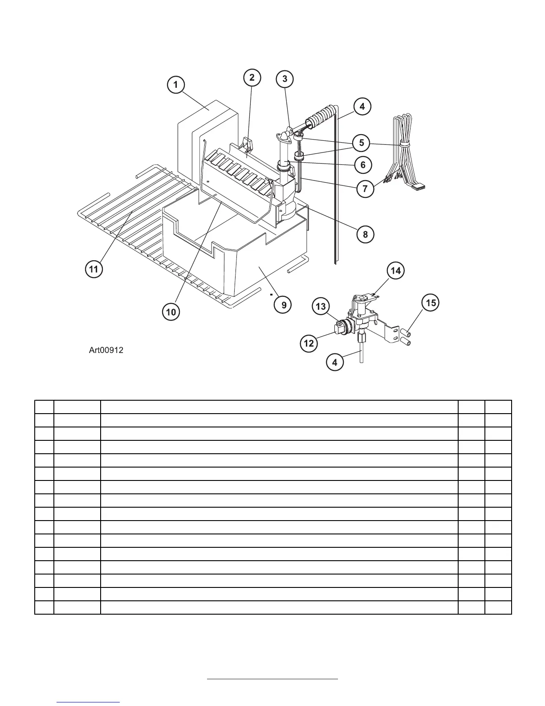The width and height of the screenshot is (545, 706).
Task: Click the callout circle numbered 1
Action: pyautogui.click(x=176, y=85)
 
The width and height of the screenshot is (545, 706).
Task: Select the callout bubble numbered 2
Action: pyautogui.click(x=252, y=78)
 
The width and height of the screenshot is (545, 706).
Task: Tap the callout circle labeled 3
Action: pyautogui.click(x=285, y=79)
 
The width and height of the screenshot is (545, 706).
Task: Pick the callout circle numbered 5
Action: pyautogui.click(x=362, y=143)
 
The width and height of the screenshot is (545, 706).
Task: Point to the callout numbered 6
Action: pyautogui.click(x=363, y=165)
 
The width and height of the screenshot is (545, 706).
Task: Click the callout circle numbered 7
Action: pyautogui.click(x=365, y=189)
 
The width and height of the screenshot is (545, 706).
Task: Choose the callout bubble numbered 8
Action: pyautogui.click(x=365, y=234)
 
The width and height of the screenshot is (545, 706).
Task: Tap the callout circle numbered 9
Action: pyautogui.click(x=284, y=305)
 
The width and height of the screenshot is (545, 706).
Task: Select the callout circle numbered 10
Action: pyautogui.click(x=171, y=312)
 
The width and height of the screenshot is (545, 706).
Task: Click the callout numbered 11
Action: pyautogui.click(x=94, y=269)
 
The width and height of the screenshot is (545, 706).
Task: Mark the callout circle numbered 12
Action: pyautogui.click(x=309, y=343)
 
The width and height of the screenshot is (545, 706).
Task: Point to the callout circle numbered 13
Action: pyautogui.click(x=321, y=307)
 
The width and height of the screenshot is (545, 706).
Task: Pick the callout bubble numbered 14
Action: pyautogui.click(x=395, y=271)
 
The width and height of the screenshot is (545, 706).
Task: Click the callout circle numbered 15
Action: pyautogui.click(x=430, y=303)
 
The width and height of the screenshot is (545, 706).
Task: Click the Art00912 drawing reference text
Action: pyautogui.click(x=106, y=350)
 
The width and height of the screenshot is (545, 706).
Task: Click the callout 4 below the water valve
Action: pyautogui.click(x=335, y=362)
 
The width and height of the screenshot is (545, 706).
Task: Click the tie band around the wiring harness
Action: pyautogui.click(x=404, y=144)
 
